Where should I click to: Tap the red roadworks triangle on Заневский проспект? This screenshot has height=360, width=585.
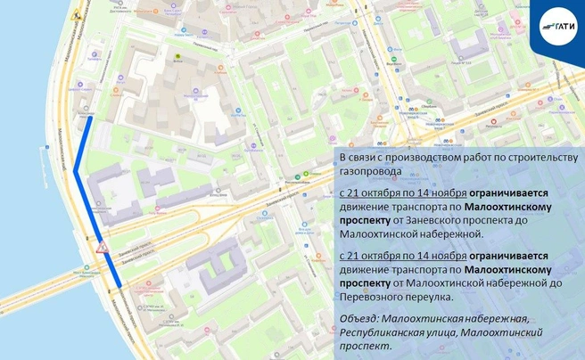click(102, 245)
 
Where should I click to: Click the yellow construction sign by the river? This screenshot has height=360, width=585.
click(77, 15)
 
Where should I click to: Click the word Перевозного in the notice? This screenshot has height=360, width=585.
click(372, 299)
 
